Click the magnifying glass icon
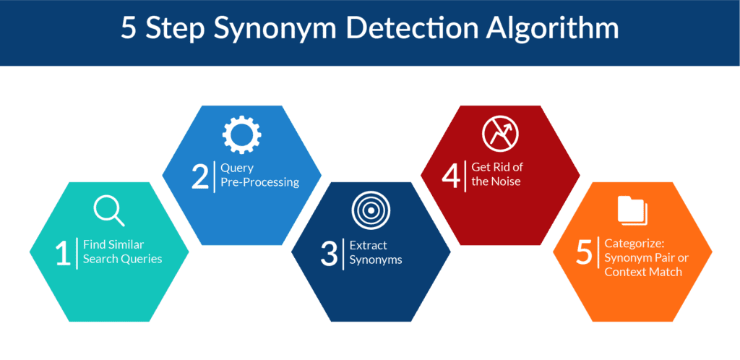(x=108, y=210)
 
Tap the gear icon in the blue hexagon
(x=241, y=134)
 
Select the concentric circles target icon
(x=371, y=210)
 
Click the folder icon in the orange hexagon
(x=632, y=210)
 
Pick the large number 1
(x=64, y=253)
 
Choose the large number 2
(x=199, y=176)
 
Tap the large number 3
(x=330, y=253)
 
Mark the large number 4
(x=451, y=176)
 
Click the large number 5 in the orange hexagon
(x=584, y=253)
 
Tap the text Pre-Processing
(x=259, y=182)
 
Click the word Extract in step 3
(x=361, y=245)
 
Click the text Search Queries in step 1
(x=122, y=259)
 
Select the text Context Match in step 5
(x=643, y=272)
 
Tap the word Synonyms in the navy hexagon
(x=376, y=260)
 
